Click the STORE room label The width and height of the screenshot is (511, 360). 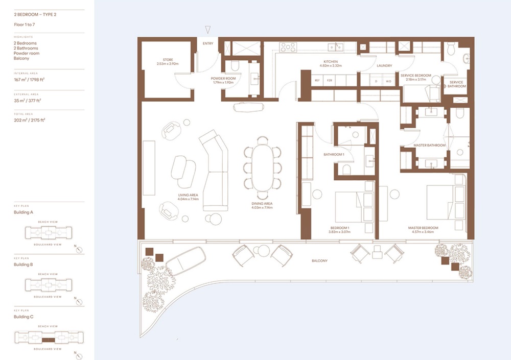click(168, 59)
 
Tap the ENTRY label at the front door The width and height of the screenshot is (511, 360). click(207, 43)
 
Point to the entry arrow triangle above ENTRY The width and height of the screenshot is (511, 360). click(207, 30)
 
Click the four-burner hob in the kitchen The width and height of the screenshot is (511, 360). click(288, 47)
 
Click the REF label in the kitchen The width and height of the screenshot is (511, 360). click(317, 81)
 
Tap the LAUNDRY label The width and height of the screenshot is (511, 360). click(384, 66)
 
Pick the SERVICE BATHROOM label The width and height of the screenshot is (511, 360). click(457, 84)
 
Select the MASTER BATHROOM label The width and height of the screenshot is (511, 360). click(429, 146)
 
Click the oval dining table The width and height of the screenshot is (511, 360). click(262, 167)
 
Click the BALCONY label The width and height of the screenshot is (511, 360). click(319, 260)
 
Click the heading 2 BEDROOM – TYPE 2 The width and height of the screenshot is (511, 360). click(35, 14)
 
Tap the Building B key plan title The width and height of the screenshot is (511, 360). click(24, 265)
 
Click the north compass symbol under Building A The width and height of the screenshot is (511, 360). click(79, 250)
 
